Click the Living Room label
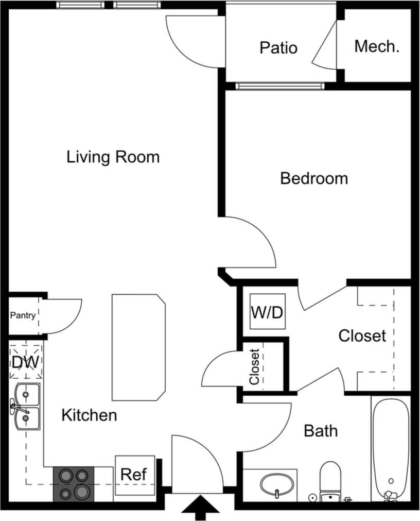coord(113,157)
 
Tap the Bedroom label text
coord(314,178)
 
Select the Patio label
coord(278,47)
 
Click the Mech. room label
coord(377,46)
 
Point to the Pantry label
coord(23,315)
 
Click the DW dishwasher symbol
coord(25,362)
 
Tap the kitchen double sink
coord(27,407)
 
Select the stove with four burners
coord(74,484)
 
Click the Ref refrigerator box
coord(134,475)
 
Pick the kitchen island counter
coord(138,347)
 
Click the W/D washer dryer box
coord(267,312)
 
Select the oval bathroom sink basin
coord(277,484)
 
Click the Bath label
coord(321,430)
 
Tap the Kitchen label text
coord(89,415)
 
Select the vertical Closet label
coord(254,367)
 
